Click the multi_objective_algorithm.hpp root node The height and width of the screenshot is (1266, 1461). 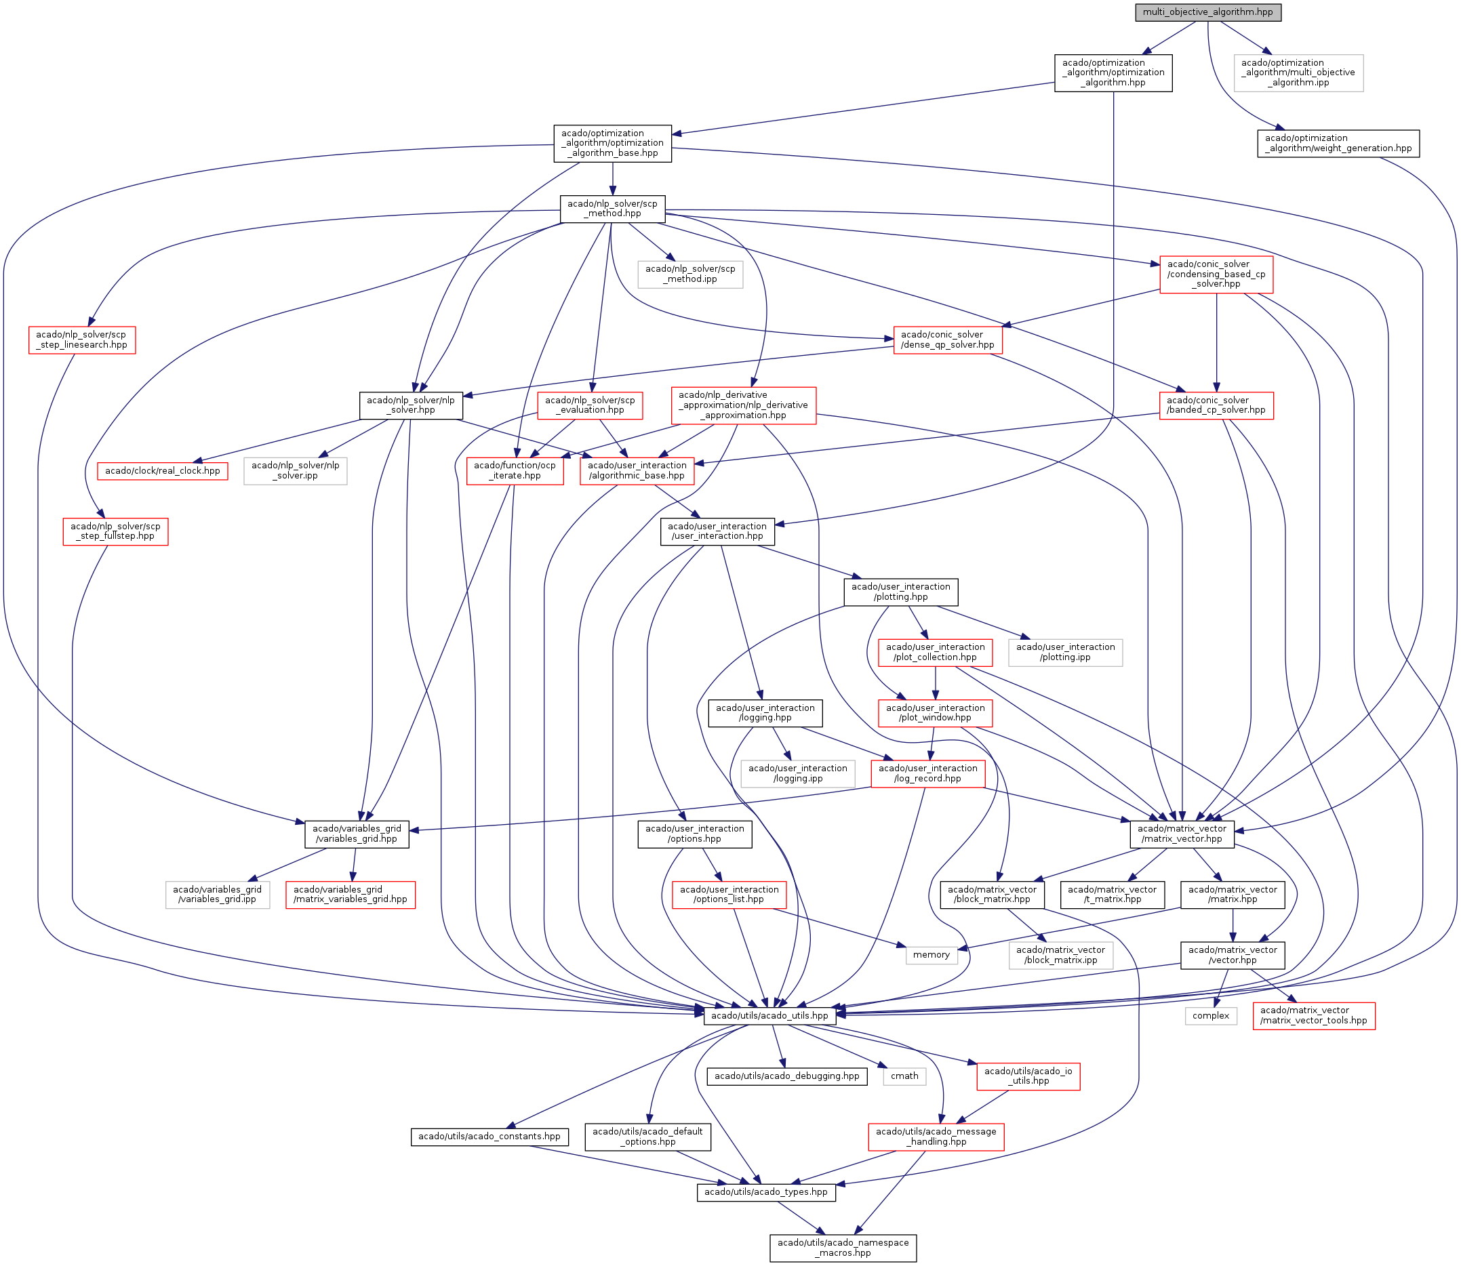[1207, 12]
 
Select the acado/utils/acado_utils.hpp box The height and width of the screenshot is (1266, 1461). [769, 1015]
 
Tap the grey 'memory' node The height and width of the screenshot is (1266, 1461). [931, 954]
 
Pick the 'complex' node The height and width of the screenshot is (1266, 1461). [1210, 1015]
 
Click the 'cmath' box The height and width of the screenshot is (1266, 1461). [904, 1076]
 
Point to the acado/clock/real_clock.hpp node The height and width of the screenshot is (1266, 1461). [163, 470]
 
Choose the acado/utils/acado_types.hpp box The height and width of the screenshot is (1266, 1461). [765, 1192]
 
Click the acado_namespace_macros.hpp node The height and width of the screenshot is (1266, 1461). [843, 1248]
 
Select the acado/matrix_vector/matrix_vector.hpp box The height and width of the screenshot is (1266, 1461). [1182, 834]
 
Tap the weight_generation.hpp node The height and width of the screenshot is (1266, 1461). [1338, 144]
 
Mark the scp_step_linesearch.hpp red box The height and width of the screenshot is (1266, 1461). [82, 340]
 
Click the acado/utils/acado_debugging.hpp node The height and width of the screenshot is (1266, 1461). [786, 1076]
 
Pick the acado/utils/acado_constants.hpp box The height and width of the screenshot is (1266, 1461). [489, 1137]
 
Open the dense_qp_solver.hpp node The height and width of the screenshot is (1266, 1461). [947, 340]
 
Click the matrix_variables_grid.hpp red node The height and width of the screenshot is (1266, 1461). [350, 895]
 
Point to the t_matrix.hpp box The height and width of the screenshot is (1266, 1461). [1112, 895]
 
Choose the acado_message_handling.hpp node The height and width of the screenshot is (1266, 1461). [936, 1137]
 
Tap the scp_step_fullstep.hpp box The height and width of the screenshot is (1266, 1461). [115, 531]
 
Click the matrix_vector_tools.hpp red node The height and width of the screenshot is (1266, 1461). [1313, 1015]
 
